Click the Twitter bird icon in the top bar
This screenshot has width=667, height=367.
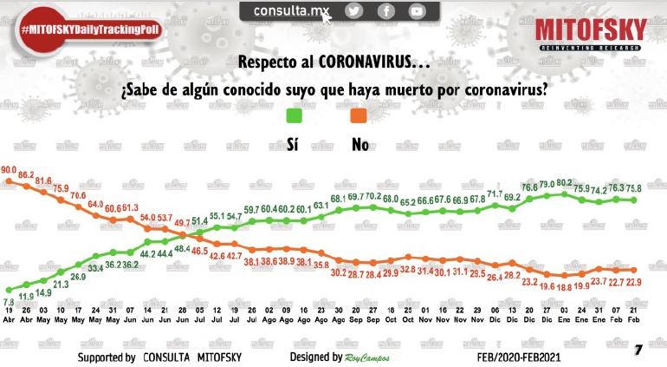coord(354,11)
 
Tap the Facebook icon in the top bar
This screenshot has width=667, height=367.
coord(385,11)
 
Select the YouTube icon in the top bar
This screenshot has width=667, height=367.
coord(418,11)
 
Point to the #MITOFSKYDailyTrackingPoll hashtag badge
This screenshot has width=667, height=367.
coord(91,29)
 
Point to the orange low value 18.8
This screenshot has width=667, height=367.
coord(565,285)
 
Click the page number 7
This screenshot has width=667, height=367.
coord(638,350)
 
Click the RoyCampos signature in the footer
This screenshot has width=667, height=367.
coord(369,357)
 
